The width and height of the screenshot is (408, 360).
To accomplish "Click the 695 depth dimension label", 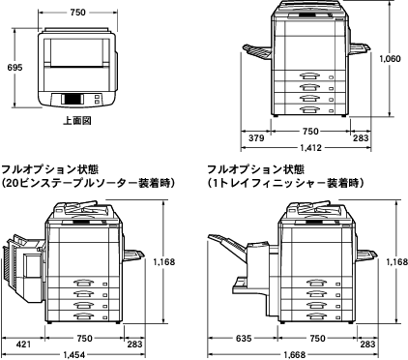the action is [15, 68].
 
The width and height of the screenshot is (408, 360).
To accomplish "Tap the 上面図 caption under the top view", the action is [77, 121].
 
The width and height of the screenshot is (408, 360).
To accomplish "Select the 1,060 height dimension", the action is [390, 59].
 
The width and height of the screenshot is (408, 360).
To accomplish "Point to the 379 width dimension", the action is [256, 138].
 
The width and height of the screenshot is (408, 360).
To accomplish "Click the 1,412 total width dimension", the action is [311, 148].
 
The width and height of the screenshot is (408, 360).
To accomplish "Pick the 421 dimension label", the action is [23, 345].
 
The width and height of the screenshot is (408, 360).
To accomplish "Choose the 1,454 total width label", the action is [74, 355].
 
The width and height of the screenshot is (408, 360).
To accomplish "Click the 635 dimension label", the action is [244, 339].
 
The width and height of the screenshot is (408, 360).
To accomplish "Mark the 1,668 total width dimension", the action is [294, 355].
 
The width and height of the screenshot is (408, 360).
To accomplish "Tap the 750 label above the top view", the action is [78, 13].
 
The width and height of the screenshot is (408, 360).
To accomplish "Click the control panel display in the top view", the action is [73, 99].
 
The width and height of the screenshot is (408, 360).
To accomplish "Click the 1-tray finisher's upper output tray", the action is [227, 245].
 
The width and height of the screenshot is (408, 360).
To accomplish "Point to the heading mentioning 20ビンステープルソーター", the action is [88, 183].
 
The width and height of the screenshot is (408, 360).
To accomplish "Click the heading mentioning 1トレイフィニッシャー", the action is [285, 183].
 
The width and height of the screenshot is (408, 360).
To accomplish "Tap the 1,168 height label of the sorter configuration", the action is [164, 262].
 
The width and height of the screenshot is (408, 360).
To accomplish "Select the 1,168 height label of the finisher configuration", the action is [397, 262].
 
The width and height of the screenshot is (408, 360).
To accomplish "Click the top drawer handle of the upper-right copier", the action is [309, 76].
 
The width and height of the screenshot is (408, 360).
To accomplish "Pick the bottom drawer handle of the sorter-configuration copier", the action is [83, 316].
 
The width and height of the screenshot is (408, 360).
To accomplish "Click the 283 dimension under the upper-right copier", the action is [361, 138].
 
